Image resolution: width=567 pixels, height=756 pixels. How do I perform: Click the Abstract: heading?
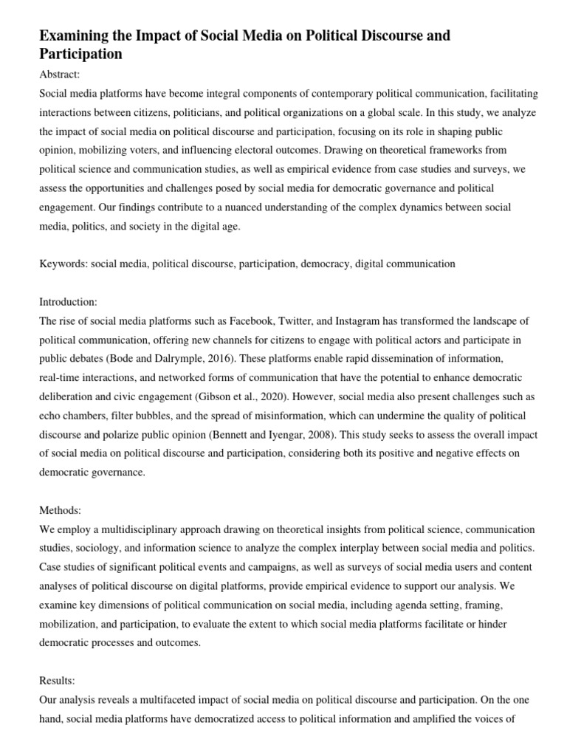tap(60, 75)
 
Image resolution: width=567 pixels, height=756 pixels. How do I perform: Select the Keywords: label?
tap(63, 264)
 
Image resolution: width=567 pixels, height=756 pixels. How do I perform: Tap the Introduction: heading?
tap(68, 302)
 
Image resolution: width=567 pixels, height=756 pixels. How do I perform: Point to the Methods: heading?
tap(60, 510)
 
